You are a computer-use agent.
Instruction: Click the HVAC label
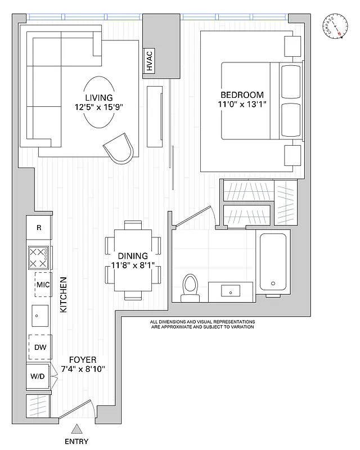coord(150,61)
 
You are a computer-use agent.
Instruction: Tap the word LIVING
coord(99,97)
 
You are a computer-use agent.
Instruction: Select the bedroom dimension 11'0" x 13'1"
coord(242,104)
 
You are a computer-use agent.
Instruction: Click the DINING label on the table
coord(133,255)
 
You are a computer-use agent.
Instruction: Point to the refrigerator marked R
coord(39,228)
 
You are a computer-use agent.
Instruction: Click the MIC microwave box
coord(43,285)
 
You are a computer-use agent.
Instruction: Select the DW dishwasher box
coord(40,347)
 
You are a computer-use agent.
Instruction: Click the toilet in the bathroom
coord(190,287)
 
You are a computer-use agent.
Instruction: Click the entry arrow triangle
coord(76,429)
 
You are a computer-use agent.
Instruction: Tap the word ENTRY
coord(76,442)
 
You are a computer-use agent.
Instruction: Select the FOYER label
coord(83,359)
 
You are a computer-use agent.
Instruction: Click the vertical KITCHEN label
coord(64,295)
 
